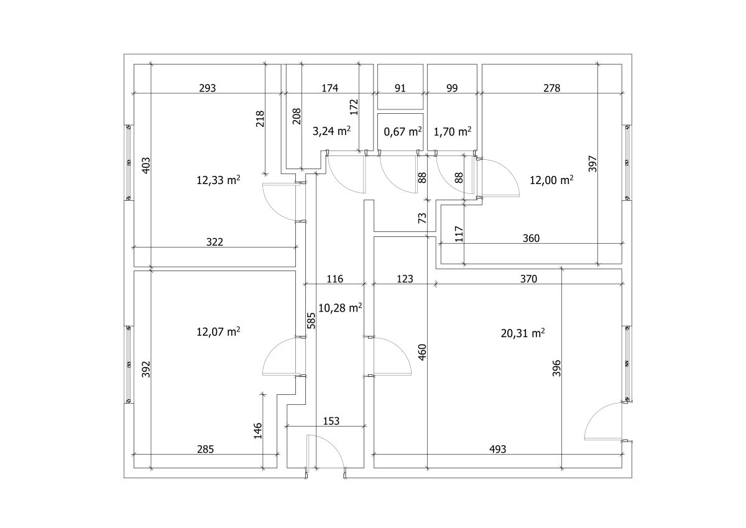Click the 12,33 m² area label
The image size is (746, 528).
218,180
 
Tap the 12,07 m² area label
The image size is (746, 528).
218,332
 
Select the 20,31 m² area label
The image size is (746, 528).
523,333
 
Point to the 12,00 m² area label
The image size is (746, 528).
551,180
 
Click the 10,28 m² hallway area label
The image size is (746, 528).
340,308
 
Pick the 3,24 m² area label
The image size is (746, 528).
331,131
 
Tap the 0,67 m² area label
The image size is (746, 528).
403,132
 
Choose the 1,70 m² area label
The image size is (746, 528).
453,132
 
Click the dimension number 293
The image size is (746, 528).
208,88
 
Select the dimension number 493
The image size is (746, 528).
497,450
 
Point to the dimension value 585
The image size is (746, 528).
311,320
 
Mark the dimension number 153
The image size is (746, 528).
331,421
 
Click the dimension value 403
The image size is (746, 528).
146,165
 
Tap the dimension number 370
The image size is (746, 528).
528,279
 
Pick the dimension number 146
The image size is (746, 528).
258,431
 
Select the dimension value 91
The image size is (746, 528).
400,88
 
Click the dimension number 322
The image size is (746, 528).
214,242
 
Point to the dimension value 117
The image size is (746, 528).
459,234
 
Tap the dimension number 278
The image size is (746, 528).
552,88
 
